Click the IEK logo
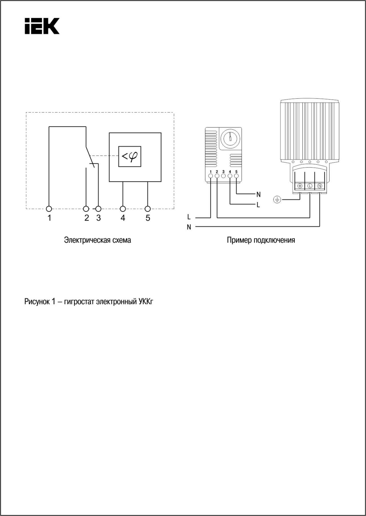click(42, 26)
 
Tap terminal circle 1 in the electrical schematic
click(49, 209)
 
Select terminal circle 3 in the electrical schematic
click(98, 209)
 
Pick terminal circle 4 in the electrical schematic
click(123, 209)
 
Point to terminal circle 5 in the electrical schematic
click(148, 209)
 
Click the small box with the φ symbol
click(130, 156)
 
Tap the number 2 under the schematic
click(87, 218)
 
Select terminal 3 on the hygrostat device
click(223, 176)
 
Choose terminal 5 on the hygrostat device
click(236, 176)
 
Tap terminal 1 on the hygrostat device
click(211, 176)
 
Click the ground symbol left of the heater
click(277, 199)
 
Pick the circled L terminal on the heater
click(310, 186)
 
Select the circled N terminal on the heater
click(320, 186)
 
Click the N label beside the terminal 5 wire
click(258, 195)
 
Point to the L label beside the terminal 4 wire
click(258, 205)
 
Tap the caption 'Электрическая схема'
click(98, 240)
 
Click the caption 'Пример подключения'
click(261, 240)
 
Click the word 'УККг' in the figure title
click(146, 302)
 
